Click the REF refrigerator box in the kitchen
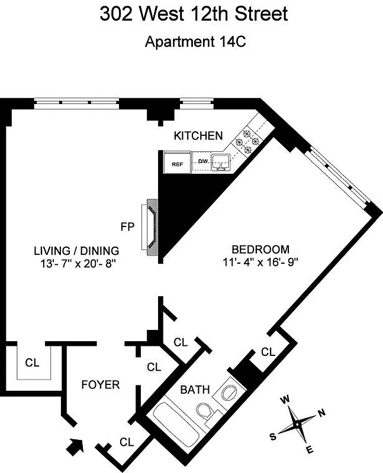[x=176, y=164]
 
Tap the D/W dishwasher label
[x=202, y=161]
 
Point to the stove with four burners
[x=247, y=141]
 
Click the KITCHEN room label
[x=198, y=136]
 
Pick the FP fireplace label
[x=127, y=226]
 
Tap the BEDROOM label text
[x=260, y=250]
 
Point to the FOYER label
[x=100, y=385]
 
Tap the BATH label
[x=195, y=390]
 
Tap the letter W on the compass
[x=285, y=400]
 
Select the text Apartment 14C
[x=193, y=42]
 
